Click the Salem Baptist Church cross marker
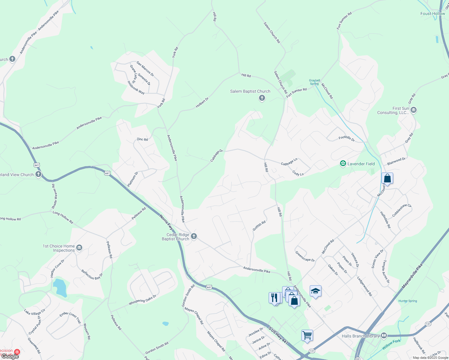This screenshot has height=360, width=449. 262,98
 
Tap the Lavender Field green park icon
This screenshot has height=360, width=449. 343,163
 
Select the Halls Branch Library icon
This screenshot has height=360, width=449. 384,336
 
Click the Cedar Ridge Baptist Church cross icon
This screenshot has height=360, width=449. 194,236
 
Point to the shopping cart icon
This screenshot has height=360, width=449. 307,335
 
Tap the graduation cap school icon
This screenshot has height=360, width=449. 315,291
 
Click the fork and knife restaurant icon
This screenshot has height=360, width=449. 274,298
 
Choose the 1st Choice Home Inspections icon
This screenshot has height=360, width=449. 79,247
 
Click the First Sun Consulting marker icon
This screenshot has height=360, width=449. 413,110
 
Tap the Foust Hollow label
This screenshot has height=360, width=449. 432,13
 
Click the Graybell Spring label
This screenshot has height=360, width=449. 315,82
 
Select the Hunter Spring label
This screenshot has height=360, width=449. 408,301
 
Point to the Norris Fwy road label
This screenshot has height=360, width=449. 166,222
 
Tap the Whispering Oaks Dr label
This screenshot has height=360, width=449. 143,300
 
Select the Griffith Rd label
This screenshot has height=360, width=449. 259,226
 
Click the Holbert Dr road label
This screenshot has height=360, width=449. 202,102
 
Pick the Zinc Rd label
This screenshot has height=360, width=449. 142,139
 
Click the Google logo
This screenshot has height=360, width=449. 10,356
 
